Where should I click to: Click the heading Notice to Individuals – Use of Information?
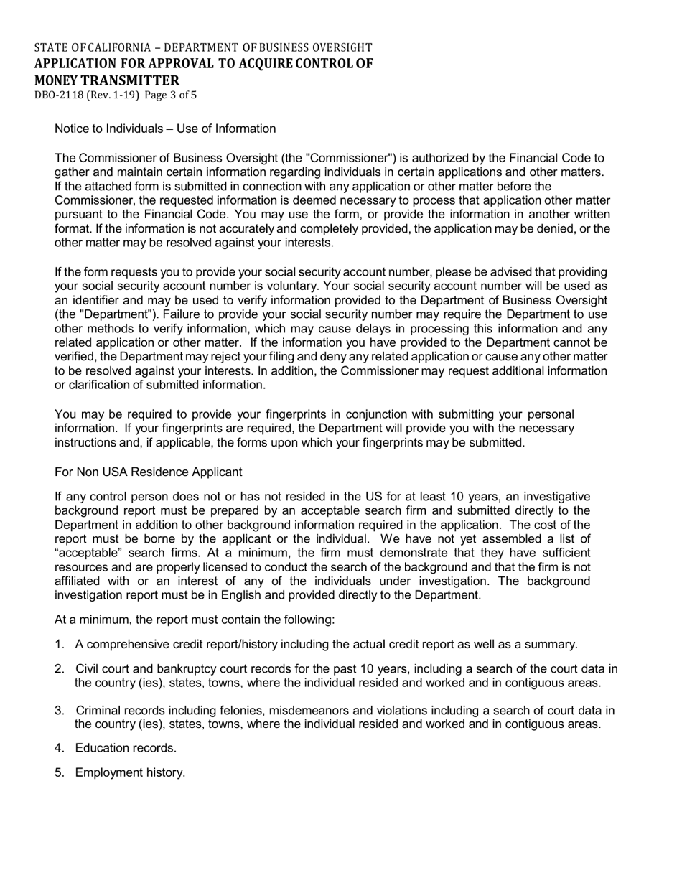click(165, 129)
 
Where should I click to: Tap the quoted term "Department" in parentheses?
click(94, 314)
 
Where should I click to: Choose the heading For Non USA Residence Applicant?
click(149, 472)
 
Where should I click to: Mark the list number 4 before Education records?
click(59, 748)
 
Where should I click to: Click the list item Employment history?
click(130, 772)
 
